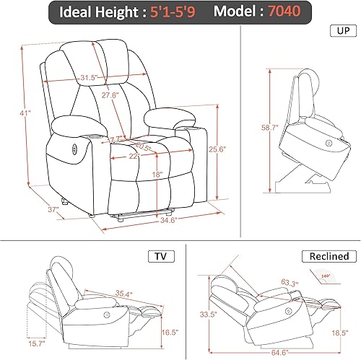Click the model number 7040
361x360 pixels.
(x=279, y=12)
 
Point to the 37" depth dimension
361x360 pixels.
(x=32, y=209)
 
